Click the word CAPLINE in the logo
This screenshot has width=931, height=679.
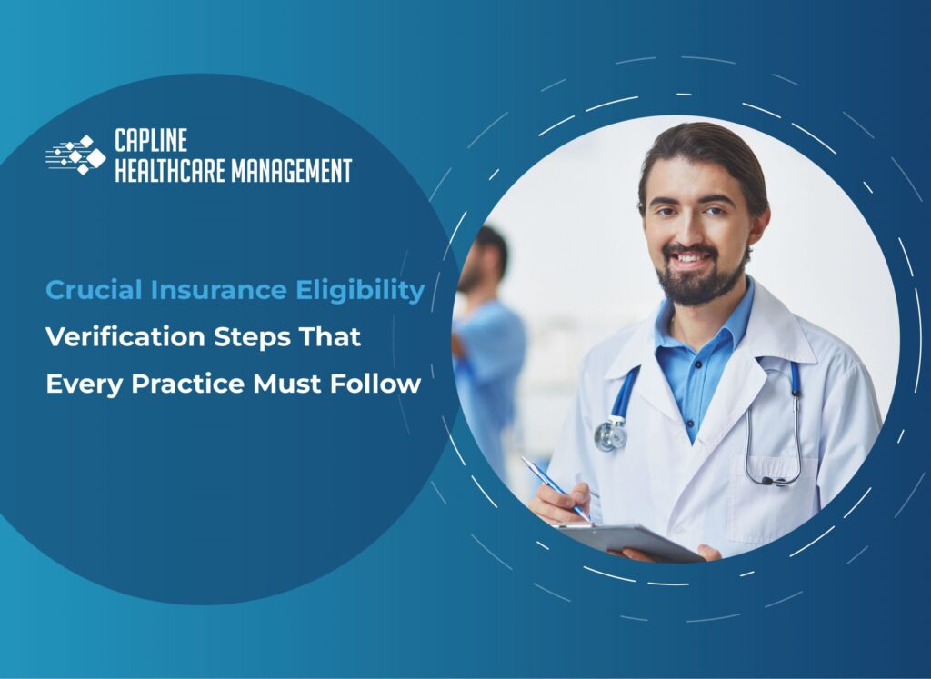coord(151,140)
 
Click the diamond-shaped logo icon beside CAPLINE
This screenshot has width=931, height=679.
coord(76,155)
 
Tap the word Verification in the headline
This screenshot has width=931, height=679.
coord(112,337)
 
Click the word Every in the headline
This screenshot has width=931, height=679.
coord(85,384)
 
